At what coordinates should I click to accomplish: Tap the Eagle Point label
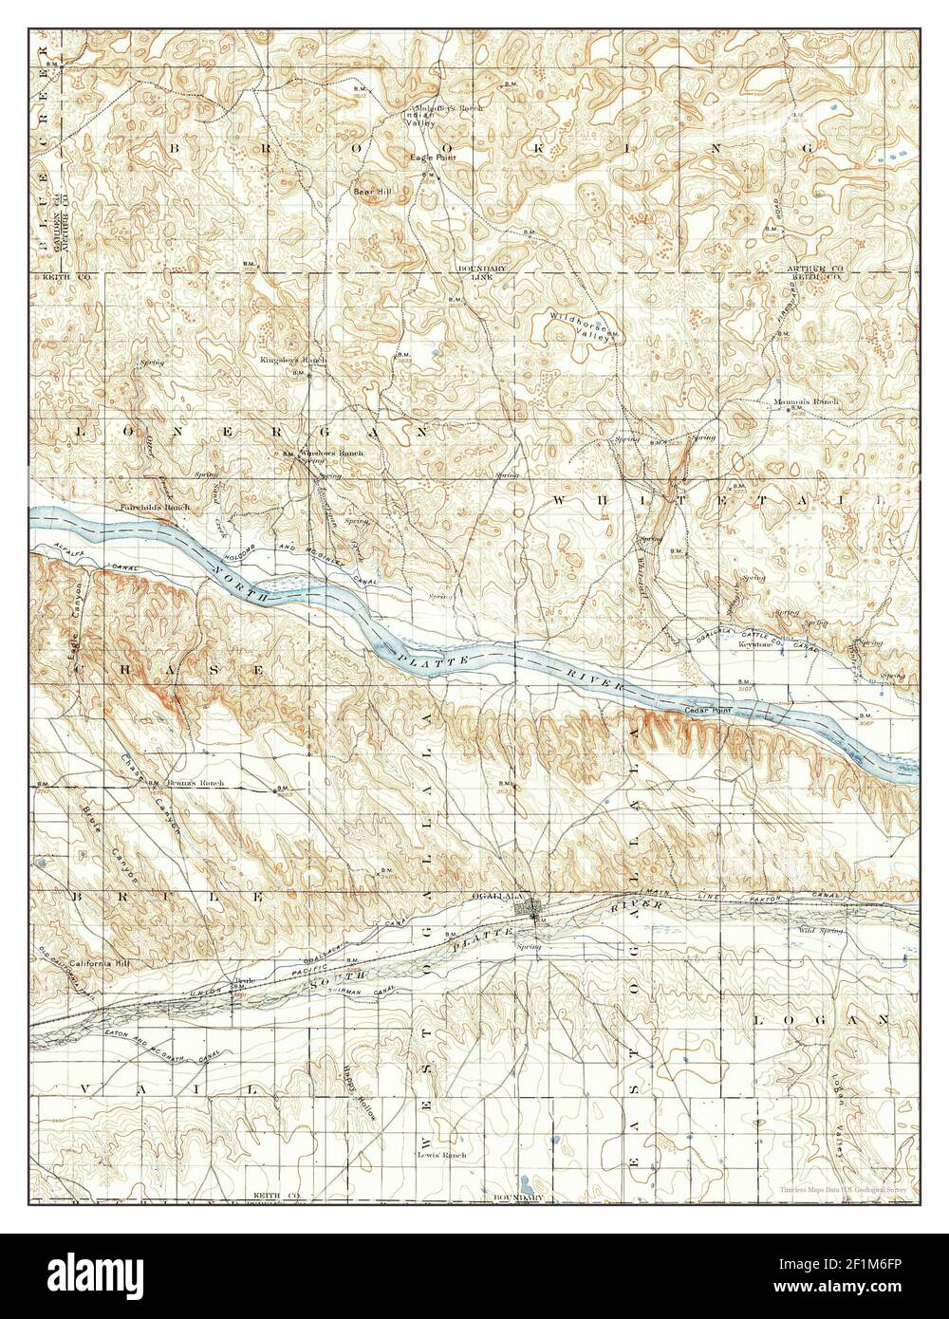click(427, 157)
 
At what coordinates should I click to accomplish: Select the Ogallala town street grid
click(529, 908)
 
